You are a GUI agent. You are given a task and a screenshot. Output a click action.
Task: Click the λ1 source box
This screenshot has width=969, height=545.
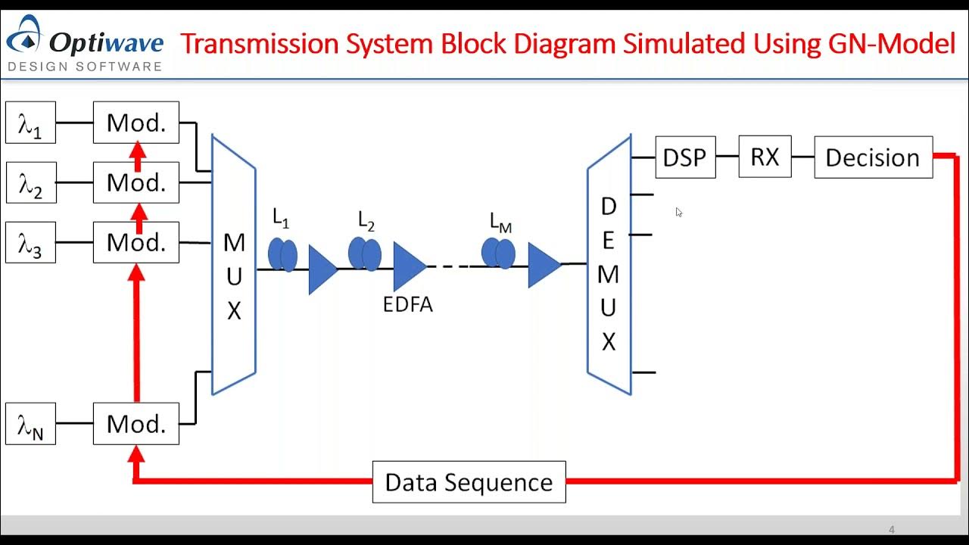tap(30, 123)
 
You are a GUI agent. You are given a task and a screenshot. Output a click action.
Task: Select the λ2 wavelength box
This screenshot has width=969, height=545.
tap(30, 182)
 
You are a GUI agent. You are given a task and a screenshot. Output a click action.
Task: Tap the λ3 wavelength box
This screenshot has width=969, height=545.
tap(30, 242)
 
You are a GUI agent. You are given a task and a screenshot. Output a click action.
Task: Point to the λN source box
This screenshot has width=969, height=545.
tap(30, 424)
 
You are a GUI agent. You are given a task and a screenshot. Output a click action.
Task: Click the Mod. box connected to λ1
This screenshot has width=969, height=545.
tap(136, 123)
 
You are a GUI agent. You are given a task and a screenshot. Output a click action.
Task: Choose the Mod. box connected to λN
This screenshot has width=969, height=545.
tap(136, 424)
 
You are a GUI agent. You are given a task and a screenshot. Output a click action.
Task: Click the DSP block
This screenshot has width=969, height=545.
tap(685, 157)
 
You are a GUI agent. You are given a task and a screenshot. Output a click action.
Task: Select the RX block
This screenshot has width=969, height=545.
tap(765, 157)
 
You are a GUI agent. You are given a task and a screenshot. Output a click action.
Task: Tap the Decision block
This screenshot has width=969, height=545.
tap(873, 157)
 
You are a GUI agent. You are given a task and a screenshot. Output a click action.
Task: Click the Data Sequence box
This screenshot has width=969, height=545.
tap(469, 482)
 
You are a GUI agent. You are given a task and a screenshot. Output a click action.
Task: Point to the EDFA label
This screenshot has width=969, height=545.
tap(407, 305)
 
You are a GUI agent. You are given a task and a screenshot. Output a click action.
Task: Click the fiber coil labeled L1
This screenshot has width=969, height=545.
tap(282, 254)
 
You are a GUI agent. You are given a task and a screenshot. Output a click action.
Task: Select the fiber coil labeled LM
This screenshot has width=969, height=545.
tap(498, 253)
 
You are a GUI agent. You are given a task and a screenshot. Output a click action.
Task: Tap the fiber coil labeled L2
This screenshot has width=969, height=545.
tap(364, 254)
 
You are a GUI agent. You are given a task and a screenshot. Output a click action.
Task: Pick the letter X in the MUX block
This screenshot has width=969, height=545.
tap(234, 310)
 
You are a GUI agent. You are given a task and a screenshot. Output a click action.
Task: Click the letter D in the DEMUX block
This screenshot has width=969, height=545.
tap(609, 206)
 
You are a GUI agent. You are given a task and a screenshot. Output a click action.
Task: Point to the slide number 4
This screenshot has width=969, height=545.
tap(892, 529)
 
